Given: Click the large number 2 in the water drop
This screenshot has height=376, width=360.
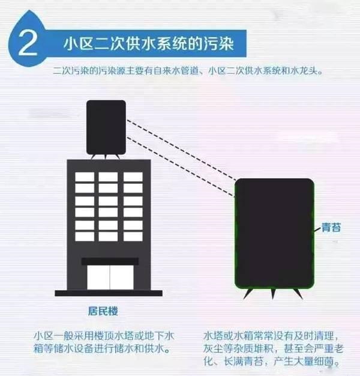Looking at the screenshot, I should pyautogui.click(x=28, y=43).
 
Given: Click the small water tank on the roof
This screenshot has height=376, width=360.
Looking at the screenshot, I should pyautogui.click(x=106, y=127).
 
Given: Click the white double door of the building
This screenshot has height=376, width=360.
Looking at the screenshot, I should pyautogui.click(x=109, y=276).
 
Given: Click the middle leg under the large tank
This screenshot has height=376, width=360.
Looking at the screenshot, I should pyautogui.click(x=274, y=293).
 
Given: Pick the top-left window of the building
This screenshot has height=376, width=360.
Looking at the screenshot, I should pyautogui.click(x=85, y=177).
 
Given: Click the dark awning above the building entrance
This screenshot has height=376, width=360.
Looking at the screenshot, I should pyautogui.click(x=109, y=261).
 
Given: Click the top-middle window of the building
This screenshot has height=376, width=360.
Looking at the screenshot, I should pyautogui.click(x=109, y=177).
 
